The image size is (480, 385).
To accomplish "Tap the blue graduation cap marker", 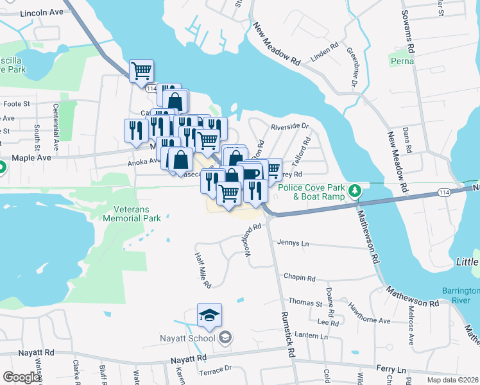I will tap(209, 315).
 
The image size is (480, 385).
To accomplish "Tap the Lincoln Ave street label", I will tap(42, 13).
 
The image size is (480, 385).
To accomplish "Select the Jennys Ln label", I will tap(293, 243).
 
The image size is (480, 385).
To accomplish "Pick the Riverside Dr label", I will tap(289, 127).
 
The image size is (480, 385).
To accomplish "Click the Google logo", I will tap(21, 377).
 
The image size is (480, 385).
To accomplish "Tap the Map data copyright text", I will tap(453, 379).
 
